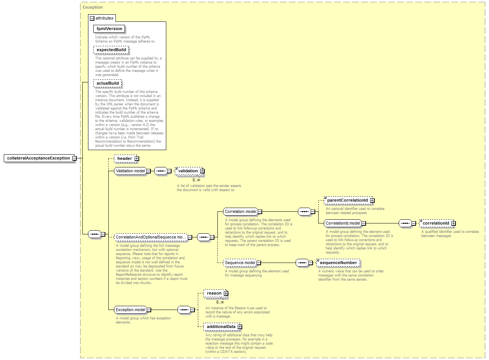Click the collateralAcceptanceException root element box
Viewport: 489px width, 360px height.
39,158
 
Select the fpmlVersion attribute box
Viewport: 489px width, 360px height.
109,29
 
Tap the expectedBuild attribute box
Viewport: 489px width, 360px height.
111,50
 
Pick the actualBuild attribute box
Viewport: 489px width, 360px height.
108,83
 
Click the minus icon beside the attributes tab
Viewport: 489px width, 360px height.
92,18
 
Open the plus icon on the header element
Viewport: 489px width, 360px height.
137,158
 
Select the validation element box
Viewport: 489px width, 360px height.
189,171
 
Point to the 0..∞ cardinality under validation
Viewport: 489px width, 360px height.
196,180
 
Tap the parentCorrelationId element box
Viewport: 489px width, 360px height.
348,200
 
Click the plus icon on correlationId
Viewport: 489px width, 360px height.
453,223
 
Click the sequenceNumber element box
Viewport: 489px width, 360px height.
338,263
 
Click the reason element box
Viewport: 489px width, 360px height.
215,293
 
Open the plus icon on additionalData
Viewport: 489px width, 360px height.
240,327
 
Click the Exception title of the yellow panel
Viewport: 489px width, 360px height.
93,7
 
